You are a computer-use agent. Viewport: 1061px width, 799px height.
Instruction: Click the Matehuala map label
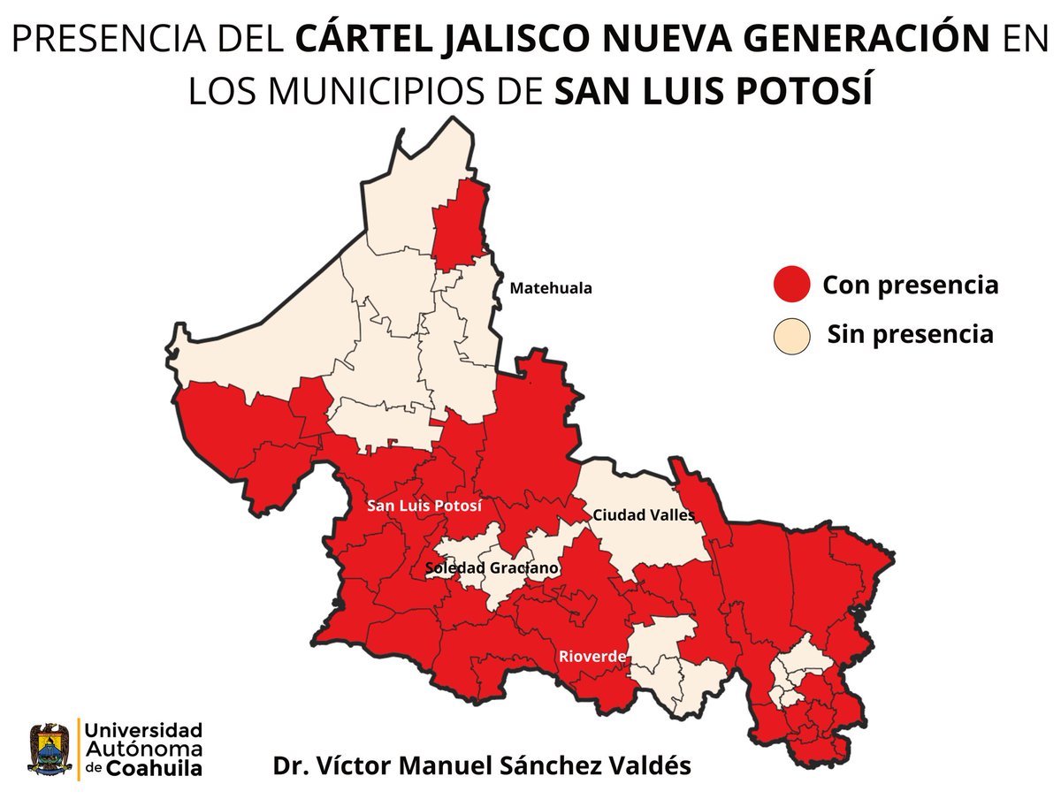pyautogui.click(x=550, y=288)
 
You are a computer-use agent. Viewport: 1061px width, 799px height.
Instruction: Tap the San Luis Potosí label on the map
pyautogui.click(x=424, y=506)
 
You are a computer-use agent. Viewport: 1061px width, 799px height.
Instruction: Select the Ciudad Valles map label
pyautogui.click(x=643, y=514)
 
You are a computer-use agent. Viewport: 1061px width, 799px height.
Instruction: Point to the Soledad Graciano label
pyautogui.click(x=492, y=567)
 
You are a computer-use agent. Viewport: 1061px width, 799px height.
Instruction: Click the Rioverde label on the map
pyautogui.click(x=592, y=657)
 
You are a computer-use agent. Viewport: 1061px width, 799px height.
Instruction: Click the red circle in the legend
pyautogui.click(x=791, y=285)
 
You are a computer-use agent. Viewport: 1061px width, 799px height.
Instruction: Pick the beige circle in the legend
pyautogui.click(x=791, y=335)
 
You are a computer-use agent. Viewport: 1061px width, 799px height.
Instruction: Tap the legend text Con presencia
pyautogui.click(x=910, y=285)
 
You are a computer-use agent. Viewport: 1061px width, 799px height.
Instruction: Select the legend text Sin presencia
pyautogui.click(x=910, y=335)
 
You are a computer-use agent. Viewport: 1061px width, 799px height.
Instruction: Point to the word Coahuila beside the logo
pyautogui.click(x=155, y=768)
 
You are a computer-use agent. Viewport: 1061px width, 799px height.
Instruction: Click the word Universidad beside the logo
pyautogui.click(x=144, y=730)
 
